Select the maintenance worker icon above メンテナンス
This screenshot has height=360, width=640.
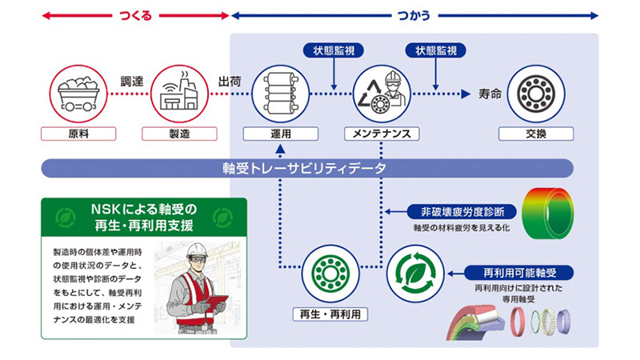point(381,93)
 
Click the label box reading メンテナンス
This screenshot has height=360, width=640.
point(381,134)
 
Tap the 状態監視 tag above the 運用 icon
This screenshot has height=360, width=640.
point(334,50)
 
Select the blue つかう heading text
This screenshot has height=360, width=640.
point(414,14)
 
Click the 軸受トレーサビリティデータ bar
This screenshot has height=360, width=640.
point(307,168)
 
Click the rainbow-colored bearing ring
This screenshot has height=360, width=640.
point(550,212)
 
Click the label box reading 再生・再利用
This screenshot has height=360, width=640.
point(330,314)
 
